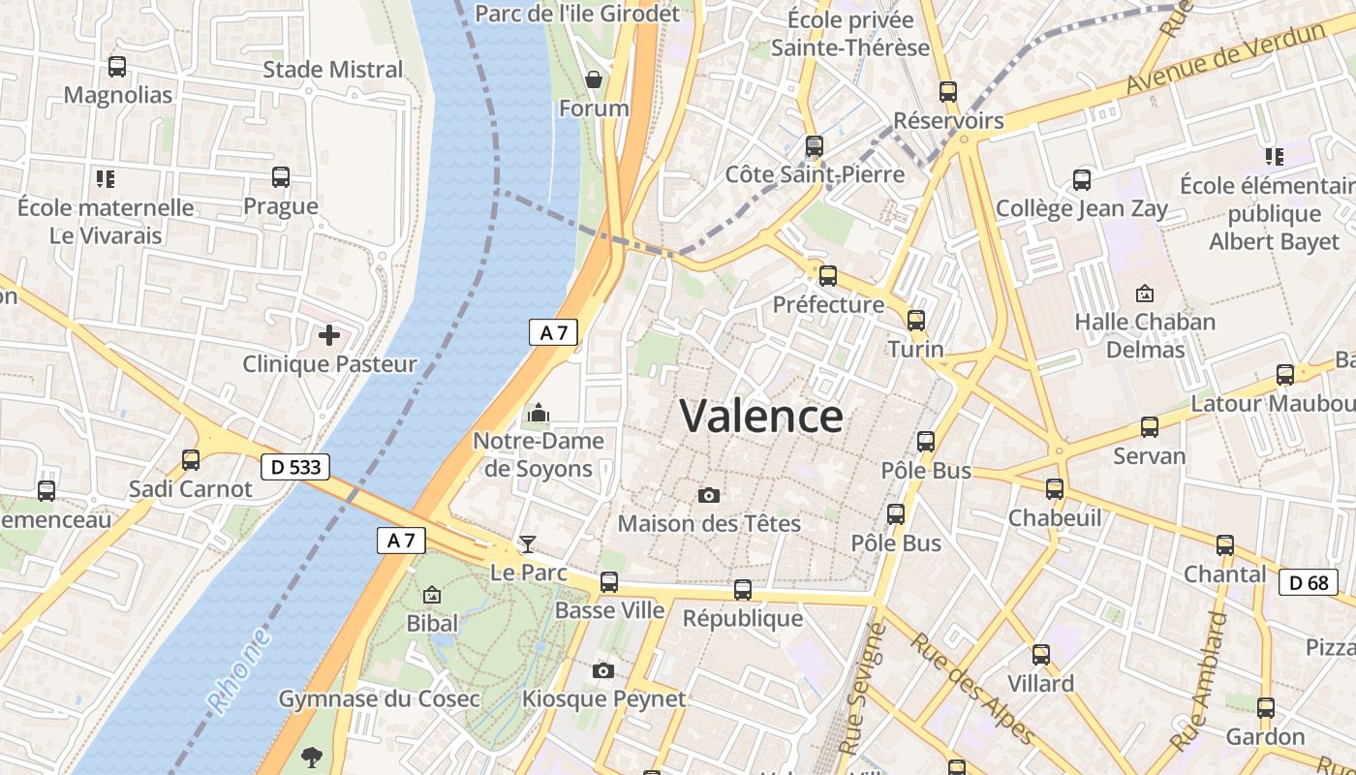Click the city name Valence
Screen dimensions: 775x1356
[x=761, y=417]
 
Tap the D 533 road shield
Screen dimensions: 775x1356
[x=295, y=467]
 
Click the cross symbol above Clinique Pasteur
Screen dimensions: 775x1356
[x=329, y=335]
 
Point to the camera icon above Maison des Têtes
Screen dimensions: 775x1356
[x=709, y=496]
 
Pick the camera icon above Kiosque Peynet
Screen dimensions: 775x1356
[x=603, y=670]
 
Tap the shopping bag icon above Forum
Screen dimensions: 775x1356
[x=594, y=79]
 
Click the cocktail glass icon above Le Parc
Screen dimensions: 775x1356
[x=528, y=543]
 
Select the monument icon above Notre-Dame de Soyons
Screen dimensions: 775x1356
[x=538, y=415]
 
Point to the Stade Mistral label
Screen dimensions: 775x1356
[x=333, y=70]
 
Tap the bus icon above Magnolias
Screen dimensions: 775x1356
[x=117, y=67]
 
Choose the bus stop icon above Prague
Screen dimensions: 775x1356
[x=281, y=177]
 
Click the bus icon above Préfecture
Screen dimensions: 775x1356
[x=828, y=276]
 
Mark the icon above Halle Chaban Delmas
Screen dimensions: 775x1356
[x=1145, y=293]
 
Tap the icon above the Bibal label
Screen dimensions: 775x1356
[x=432, y=594]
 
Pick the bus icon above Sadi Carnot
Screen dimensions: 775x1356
[x=191, y=460]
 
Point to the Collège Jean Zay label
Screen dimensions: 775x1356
[x=1082, y=208]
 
